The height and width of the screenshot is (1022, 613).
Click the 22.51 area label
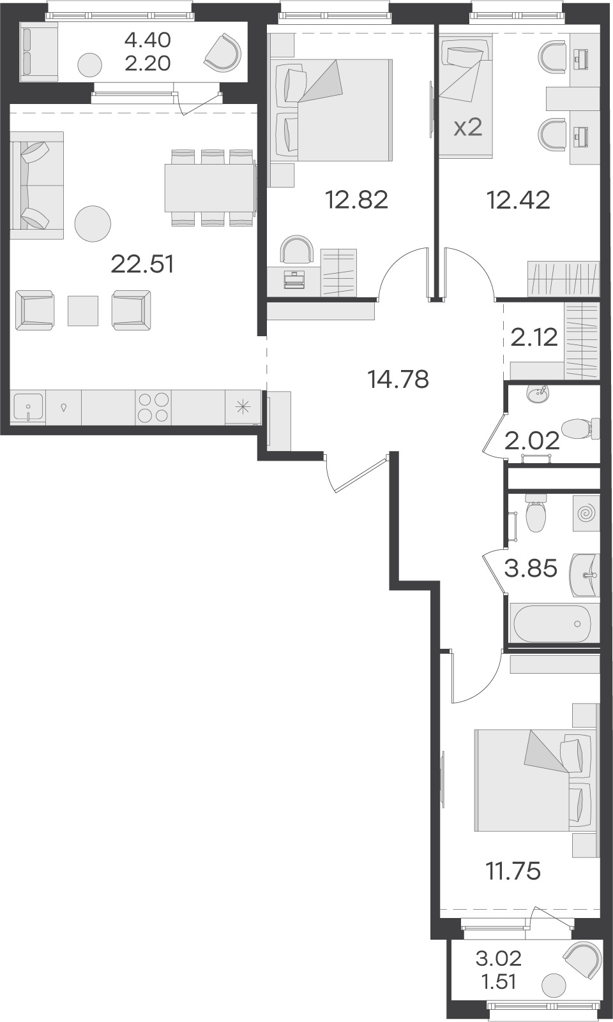pos(142,264)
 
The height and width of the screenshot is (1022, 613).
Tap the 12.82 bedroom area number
pos(356,200)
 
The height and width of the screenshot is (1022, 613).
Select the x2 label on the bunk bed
pos(468,129)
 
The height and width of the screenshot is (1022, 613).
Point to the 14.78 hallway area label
pos(398,379)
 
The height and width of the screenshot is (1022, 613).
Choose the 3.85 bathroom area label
pos(531,568)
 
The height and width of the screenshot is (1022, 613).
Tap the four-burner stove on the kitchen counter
pos(153,408)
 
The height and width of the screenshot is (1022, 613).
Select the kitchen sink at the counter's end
pos(28,408)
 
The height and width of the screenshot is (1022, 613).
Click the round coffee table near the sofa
pos(93,224)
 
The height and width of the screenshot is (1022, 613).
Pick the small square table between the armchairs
pos(83,311)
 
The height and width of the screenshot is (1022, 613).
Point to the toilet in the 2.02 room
pos(580,429)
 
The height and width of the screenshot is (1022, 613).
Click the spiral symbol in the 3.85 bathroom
pos(586,514)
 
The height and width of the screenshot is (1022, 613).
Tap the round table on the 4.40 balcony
pos(89,65)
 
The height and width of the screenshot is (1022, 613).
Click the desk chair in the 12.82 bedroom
pos(298,249)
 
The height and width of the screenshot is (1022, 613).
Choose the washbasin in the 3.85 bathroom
pos(584,575)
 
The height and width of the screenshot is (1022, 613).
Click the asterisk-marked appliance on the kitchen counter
pos(243,408)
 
